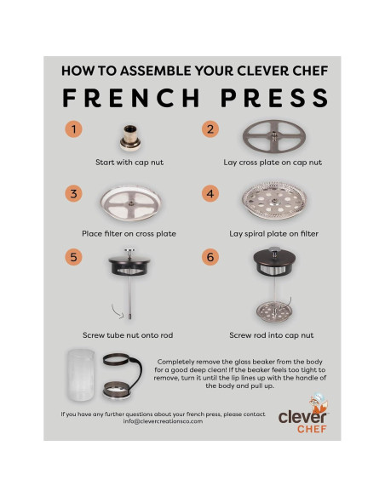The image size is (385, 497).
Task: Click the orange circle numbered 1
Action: (x=74, y=130)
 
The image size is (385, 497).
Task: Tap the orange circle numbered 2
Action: (x=210, y=130)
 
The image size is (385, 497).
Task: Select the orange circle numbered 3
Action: (x=74, y=193)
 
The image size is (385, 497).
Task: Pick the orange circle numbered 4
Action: (x=210, y=193)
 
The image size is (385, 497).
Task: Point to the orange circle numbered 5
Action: (x=74, y=256)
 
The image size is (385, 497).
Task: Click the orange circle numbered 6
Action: (x=210, y=256)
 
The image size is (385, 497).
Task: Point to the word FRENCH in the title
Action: (x=124, y=98)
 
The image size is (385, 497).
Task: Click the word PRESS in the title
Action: (x=273, y=98)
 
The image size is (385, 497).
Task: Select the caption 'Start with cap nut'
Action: (x=131, y=162)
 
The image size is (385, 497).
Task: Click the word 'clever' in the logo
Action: (x=301, y=416)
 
